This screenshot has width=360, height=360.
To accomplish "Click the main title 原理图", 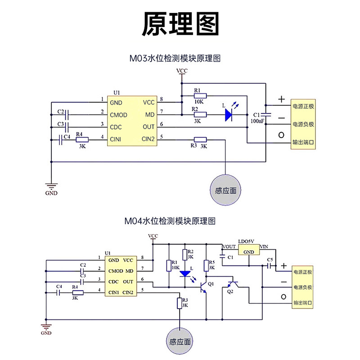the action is coord(180,24).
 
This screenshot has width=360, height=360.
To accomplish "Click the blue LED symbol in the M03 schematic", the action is coord(229,115).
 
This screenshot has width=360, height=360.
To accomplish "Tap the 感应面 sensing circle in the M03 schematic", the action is coord(225,190).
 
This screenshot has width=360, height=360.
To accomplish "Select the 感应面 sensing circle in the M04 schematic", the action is coord(180,342).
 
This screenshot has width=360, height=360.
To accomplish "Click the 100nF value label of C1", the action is coord(257,121).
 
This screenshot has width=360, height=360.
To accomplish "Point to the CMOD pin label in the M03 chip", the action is coord(118,115).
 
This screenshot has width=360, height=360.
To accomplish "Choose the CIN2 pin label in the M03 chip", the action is coord(148,139).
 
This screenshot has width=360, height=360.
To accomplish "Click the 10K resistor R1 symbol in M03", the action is coord(200,96).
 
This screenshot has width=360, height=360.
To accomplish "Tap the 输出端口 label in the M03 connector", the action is coord(303,142).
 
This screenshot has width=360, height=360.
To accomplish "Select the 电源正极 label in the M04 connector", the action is coord(303,272).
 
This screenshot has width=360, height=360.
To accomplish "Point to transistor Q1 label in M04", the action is coord(211,284).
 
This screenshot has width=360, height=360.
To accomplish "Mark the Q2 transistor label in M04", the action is coord(230,292).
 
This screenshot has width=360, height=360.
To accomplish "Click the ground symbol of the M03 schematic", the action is coord(51,185).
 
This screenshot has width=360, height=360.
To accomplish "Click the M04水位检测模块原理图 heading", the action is coord(170,221).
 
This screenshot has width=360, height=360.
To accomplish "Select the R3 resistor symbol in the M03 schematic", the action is coord(200,139).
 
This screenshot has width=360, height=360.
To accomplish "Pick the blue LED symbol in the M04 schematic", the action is coord(185,274).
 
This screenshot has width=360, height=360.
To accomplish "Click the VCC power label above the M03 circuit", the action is coord(182,71).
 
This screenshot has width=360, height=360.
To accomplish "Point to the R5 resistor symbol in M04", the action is coord(206,266).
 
